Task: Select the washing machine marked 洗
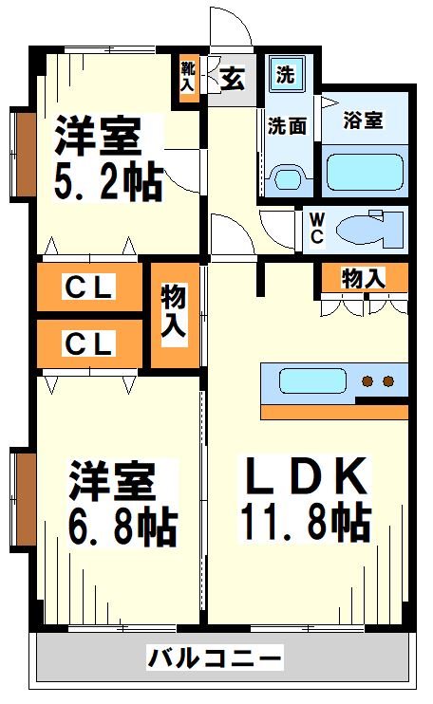click(285, 74)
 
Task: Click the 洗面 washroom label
click(286, 124)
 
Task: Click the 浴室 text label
click(364, 121)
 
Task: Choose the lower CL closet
click(90, 343)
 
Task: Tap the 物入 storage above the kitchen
click(364, 279)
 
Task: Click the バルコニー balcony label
click(216, 658)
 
